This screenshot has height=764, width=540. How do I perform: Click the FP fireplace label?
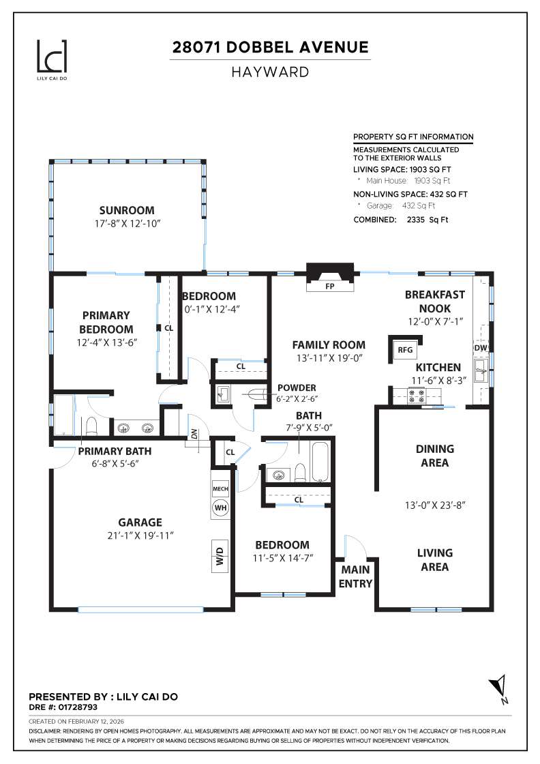330,286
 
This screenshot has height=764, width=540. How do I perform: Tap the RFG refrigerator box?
405,350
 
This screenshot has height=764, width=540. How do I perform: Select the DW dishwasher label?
481,348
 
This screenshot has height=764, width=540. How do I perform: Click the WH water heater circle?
220,508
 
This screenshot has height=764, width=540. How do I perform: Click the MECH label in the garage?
220,489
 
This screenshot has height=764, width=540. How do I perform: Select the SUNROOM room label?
127,211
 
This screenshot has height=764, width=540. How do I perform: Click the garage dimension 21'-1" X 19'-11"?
140,536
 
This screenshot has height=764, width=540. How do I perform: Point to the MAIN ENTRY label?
356,576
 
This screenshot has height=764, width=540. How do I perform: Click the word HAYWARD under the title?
270,72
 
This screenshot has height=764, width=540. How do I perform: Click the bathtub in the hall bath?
320,463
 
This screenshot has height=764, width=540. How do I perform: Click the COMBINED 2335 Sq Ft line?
401,220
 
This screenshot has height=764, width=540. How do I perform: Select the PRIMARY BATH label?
115,451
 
